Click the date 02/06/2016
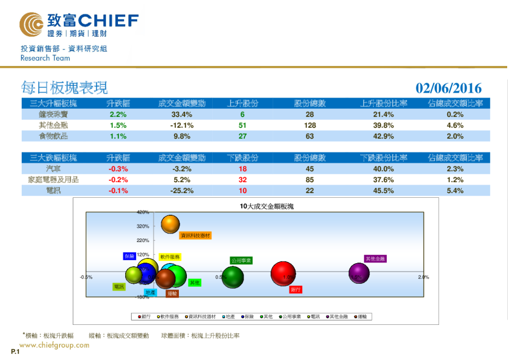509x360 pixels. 449,89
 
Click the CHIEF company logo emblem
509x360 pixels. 31,25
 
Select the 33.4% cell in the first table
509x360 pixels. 182,114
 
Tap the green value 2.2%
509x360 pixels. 118,114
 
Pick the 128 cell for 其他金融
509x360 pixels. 310,125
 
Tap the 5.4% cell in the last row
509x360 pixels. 455,191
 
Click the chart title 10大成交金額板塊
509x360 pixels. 266,206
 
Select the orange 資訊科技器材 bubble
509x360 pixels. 171,224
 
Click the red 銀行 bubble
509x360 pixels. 283,275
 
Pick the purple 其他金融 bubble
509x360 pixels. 358,273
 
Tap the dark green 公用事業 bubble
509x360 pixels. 233,277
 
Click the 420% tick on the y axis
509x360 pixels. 143,212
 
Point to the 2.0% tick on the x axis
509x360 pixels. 423,277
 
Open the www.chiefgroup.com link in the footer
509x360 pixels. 54,345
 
